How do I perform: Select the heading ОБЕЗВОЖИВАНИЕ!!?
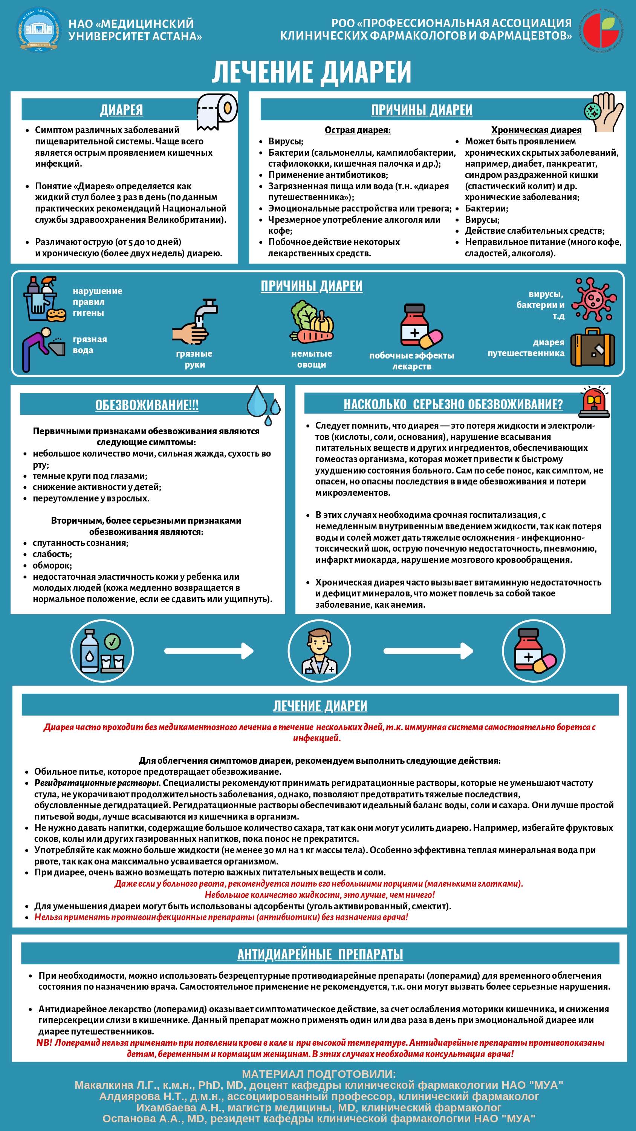147,405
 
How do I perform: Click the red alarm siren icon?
594,401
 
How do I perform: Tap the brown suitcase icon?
592,347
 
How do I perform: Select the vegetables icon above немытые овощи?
311,322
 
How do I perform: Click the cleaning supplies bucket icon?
43,299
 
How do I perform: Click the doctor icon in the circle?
319,651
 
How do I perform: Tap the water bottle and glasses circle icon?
102,651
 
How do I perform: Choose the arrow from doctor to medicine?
428,651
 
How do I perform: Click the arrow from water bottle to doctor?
209,651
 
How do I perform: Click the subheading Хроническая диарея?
536,130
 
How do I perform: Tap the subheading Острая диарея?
357,130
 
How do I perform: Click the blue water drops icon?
263,405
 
